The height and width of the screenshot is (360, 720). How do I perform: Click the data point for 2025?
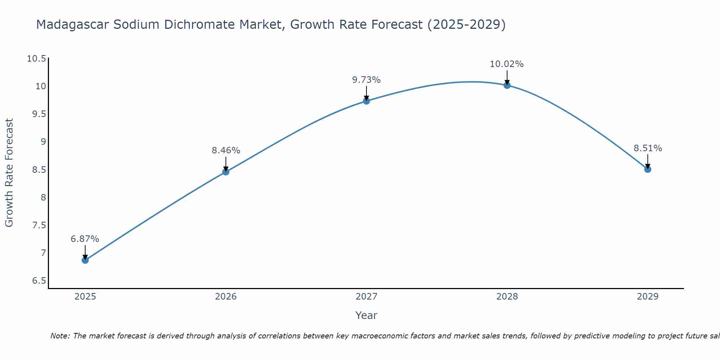pos(85,260)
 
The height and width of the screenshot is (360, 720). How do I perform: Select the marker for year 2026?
pos(226,172)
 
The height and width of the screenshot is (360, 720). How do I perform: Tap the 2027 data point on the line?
pos(366,101)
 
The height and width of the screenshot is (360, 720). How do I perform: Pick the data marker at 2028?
pos(507,85)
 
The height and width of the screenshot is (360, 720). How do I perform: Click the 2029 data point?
pos(648,169)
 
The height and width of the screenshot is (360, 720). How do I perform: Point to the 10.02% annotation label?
pos(507,64)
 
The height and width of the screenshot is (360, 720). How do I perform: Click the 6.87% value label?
pos(85,239)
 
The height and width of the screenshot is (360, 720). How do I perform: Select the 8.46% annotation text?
pos(226,150)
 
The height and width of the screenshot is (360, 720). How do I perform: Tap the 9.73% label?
pos(366,80)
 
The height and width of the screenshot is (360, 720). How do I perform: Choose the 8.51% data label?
pos(648,148)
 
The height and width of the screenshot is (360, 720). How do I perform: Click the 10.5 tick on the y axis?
pos(37,59)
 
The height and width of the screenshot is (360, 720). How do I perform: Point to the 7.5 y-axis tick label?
pos(39,225)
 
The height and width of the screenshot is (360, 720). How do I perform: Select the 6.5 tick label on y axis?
pos(39,281)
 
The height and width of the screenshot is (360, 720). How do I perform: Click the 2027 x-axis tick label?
pos(366,297)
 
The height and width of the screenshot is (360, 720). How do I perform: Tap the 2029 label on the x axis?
pos(648,297)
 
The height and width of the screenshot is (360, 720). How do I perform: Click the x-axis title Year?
pos(366,315)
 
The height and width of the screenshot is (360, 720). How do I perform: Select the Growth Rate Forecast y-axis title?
pos(9,173)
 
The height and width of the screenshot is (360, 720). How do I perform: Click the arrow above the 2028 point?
pos(507,77)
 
